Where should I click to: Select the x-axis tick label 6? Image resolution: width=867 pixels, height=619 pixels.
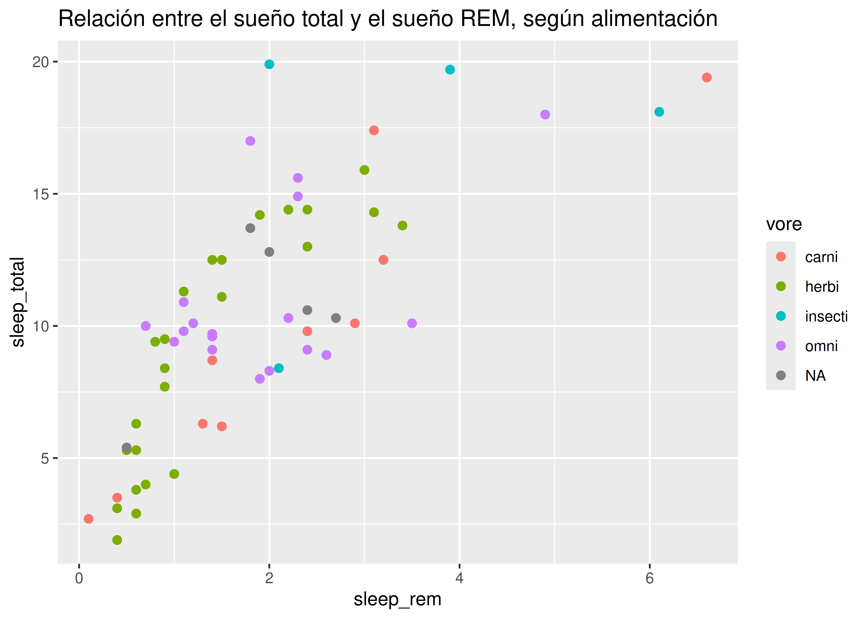click(649, 578)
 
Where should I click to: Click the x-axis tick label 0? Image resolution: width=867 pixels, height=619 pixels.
click(79, 578)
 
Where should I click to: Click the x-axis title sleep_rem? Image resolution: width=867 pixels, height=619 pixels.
click(397, 599)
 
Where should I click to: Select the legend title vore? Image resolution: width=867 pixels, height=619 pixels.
click(784, 224)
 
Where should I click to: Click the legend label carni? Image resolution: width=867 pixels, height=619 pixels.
click(821, 257)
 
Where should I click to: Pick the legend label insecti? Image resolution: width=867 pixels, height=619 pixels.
click(826, 316)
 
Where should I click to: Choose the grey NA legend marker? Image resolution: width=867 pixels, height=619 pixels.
click(781, 376)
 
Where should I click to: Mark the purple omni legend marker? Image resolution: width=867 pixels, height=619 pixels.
click(781, 346)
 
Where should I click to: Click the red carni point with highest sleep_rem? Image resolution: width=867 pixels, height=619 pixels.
click(706, 77)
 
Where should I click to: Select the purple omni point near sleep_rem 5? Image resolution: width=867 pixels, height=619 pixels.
click(545, 114)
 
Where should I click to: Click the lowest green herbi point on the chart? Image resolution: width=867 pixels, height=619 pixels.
click(117, 540)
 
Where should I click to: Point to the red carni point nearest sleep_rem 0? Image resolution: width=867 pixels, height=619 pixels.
click(88, 519)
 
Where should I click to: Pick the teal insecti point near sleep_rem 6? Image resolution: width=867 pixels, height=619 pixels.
click(659, 112)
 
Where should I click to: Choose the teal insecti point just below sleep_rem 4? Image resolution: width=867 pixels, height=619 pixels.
click(450, 69)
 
